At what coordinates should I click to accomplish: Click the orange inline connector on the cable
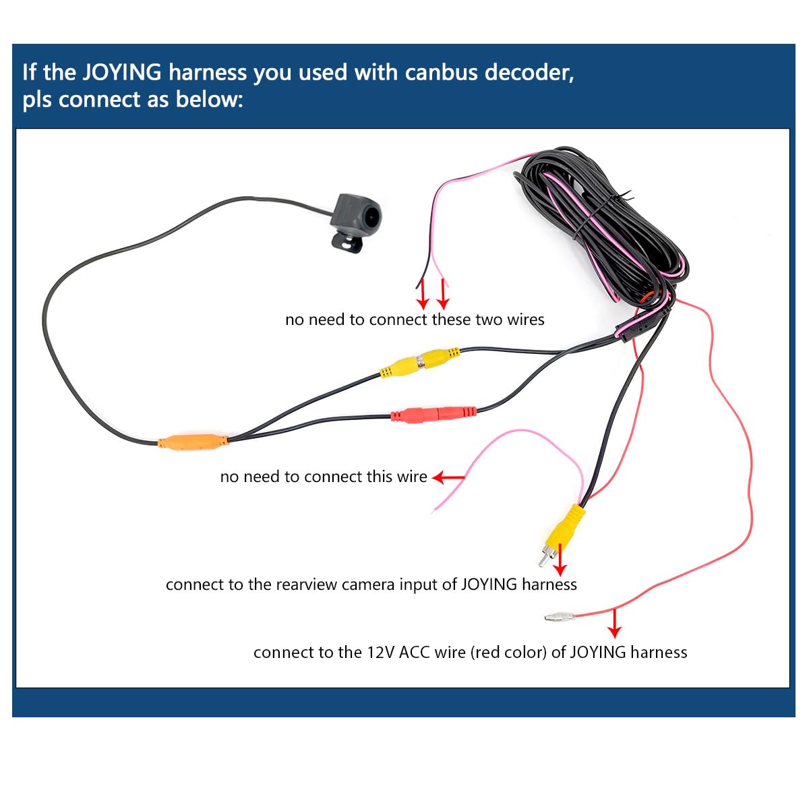click(193, 442)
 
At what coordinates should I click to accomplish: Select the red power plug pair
click(433, 413)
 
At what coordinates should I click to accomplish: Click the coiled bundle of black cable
click(600, 222)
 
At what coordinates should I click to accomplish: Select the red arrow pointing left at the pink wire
click(448, 477)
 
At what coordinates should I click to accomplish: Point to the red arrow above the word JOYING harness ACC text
click(613, 624)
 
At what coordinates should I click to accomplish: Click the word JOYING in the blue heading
click(121, 72)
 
